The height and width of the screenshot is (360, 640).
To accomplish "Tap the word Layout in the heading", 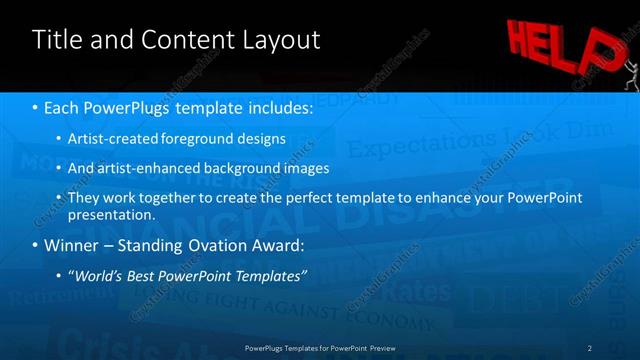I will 282,40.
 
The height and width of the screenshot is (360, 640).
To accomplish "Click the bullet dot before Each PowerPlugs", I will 37,107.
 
